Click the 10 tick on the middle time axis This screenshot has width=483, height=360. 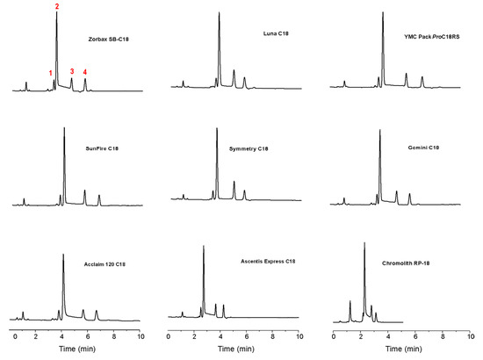click(299, 335)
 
